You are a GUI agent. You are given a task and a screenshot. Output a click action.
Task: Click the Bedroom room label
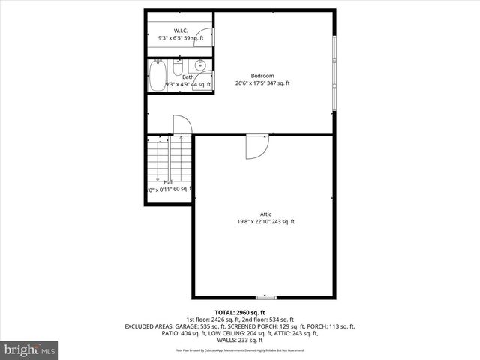pos(262,75)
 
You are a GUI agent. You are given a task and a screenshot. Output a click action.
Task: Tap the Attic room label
pos(262,214)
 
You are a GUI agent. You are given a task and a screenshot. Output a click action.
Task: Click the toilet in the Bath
pos(177,69)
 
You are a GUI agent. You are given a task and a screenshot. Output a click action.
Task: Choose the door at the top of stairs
pos(183,126)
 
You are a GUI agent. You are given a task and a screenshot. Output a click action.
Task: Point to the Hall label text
pos(169,182)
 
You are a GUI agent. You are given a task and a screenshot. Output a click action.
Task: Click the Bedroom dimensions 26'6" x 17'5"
pos(262,83)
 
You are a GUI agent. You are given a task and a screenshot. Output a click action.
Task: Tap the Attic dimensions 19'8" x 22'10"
pos(262,222)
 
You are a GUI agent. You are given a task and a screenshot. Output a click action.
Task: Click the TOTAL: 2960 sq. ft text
pos(240,312)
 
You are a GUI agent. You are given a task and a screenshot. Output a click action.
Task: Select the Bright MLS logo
pos(30,349)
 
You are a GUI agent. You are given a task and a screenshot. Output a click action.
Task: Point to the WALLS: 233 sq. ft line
pos(240,339)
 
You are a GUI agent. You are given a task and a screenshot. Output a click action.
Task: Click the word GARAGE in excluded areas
pos(187,325)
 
